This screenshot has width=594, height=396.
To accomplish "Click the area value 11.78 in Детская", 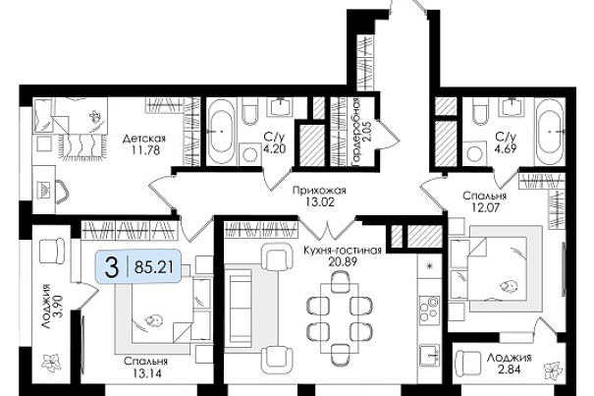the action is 146,150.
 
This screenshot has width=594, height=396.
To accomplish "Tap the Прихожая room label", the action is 319,190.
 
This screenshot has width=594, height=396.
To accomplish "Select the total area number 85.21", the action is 154,267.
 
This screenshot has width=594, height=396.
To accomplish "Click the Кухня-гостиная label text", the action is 343,251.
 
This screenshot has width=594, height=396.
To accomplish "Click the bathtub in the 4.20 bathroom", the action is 221,132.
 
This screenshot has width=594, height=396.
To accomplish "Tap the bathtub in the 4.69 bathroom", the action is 550,132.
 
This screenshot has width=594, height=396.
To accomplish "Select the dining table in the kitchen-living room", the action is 340,317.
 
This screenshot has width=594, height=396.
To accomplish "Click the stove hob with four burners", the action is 429,309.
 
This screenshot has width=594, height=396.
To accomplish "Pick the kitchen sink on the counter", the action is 429,355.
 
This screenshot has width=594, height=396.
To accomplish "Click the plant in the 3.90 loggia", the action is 51,363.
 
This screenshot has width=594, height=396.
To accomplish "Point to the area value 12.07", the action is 484,207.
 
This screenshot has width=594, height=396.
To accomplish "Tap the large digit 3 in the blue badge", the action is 112,267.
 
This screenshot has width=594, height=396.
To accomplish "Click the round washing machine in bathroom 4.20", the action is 250,153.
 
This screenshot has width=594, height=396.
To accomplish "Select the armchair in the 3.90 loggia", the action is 52,251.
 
